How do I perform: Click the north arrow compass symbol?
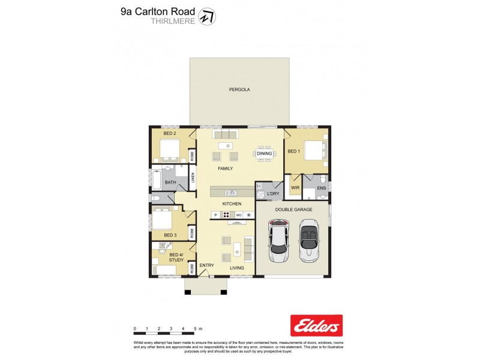pos(207,16)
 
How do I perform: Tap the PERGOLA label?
pos(239,89)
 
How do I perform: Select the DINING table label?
pos(264,154)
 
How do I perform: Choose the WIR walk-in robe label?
pos(295,188)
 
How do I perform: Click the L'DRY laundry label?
pos(265,194)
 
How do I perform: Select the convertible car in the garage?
pos(309,241)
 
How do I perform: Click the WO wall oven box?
pos(238,215)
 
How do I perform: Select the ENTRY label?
pos(206,265)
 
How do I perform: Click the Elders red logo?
pos(316,325)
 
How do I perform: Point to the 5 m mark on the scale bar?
pos(196,329)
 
